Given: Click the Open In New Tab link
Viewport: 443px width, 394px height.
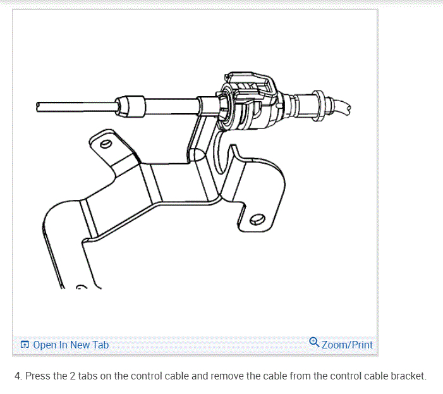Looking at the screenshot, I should click(70, 345).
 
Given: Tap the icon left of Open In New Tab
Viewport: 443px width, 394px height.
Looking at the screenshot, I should click(25, 345).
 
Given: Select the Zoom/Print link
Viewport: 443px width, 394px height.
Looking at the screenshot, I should click(347, 345).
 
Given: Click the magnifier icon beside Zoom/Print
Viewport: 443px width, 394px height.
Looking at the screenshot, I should click(314, 343).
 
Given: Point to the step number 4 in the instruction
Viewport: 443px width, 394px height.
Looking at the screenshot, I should click(17, 376).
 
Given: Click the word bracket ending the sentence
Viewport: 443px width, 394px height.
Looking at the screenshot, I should click(408, 376).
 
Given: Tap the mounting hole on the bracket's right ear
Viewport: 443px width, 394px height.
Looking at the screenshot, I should click(256, 220).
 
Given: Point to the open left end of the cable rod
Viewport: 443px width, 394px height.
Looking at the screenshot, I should click(39, 106).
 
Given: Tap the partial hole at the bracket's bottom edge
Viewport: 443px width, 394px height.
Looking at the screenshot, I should click(81, 288).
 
